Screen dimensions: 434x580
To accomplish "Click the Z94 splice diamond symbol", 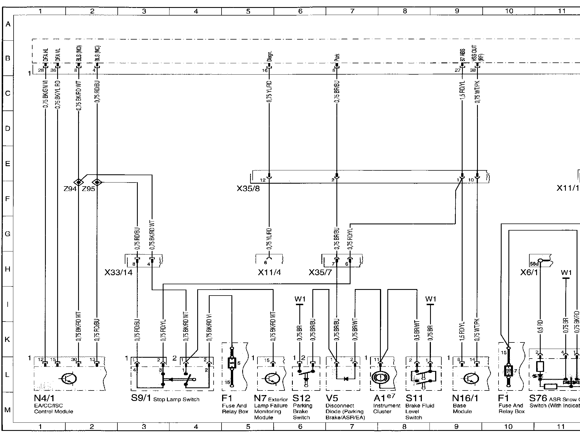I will [x=78, y=183].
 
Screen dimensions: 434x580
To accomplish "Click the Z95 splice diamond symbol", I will [x=97, y=183].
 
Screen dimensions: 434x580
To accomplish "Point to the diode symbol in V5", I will [x=346, y=379].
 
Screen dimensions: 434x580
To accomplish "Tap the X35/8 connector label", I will [x=248, y=189].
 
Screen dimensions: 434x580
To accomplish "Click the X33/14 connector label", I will [x=119, y=273].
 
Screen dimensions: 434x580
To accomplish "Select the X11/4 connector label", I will [x=269, y=273].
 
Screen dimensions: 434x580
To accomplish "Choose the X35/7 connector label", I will [x=320, y=273].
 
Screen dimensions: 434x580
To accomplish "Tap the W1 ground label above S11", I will [x=431, y=299].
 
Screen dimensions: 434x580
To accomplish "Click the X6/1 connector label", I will [x=529, y=273].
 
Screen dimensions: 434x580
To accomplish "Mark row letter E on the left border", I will [x=8, y=164].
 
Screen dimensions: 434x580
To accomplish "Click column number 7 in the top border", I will [x=352, y=11].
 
